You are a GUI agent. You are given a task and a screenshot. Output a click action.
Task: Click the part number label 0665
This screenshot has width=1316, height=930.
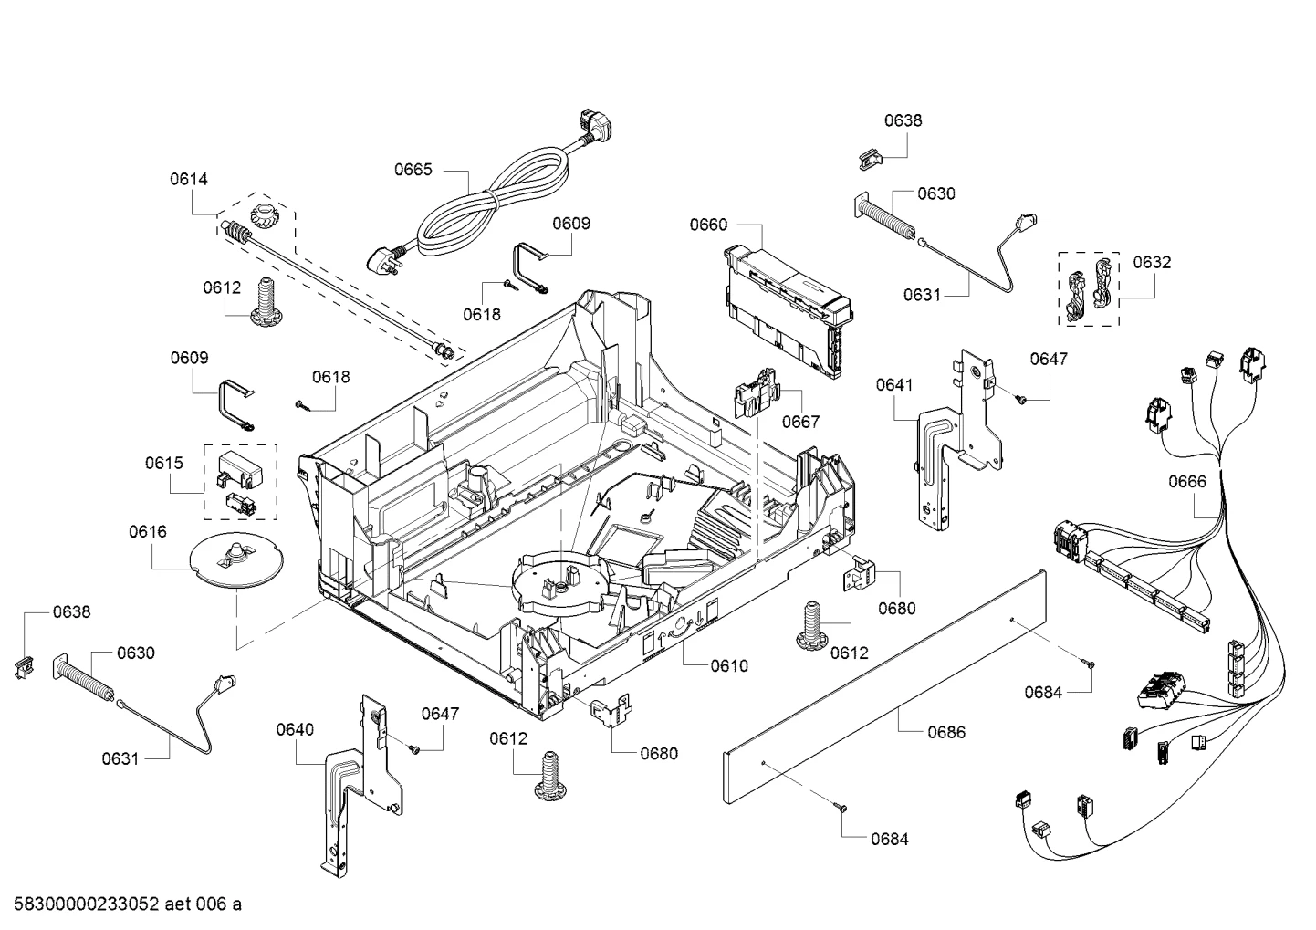[x=413, y=170]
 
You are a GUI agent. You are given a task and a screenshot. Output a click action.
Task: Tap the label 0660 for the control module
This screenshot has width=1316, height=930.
[x=708, y=225]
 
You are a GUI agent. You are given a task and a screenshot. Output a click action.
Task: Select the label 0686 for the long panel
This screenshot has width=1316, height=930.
[x=946, y=732]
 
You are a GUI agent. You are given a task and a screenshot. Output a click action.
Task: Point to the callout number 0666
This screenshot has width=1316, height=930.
[x=1186, y=482]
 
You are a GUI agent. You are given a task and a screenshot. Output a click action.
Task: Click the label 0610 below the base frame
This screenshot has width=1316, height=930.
[x=729, y=665]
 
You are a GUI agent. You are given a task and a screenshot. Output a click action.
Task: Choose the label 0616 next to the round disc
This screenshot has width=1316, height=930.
[x=148, y=532]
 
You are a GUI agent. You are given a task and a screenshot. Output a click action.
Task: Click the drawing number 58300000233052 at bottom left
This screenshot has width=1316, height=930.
[x=87, y=904]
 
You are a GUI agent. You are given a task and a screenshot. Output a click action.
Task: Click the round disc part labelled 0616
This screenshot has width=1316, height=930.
[x=236, y=559]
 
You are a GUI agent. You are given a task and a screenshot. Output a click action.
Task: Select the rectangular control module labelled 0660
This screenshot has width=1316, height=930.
[x=788, y=310]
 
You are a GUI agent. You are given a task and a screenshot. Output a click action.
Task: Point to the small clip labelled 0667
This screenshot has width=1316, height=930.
[x=757, y=392]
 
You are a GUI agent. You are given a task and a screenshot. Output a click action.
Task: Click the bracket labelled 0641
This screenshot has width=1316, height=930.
[x=958, y=439]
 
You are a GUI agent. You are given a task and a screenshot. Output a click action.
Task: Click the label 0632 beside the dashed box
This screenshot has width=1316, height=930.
[x=1152, y=262]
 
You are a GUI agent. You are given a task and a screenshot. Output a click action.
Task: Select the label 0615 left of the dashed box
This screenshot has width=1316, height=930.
[x=164, y=463]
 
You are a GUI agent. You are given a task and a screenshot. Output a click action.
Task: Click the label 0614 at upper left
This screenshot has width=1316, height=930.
[x=189, y=179]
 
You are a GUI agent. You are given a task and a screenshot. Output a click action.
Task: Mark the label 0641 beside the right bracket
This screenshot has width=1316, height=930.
[x=894, y=385]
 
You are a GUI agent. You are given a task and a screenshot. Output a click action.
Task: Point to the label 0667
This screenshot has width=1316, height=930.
[x=800, y=422]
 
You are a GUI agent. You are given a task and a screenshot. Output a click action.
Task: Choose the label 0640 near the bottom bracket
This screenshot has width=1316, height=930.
[x=295, y=729]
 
